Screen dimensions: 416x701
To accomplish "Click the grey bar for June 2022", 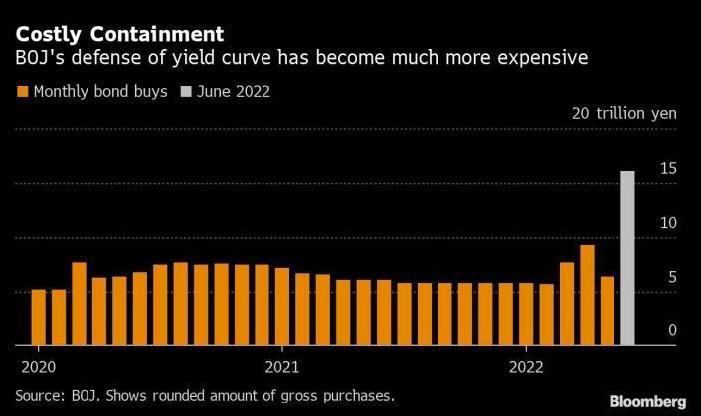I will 627,258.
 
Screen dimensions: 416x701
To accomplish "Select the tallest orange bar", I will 587,295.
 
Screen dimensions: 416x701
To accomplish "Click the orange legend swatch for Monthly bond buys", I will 22,92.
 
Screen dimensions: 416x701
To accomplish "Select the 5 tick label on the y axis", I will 672,277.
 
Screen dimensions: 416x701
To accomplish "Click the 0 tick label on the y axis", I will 672,330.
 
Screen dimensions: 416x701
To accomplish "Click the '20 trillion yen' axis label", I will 623,114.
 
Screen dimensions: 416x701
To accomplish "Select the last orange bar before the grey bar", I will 607,311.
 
